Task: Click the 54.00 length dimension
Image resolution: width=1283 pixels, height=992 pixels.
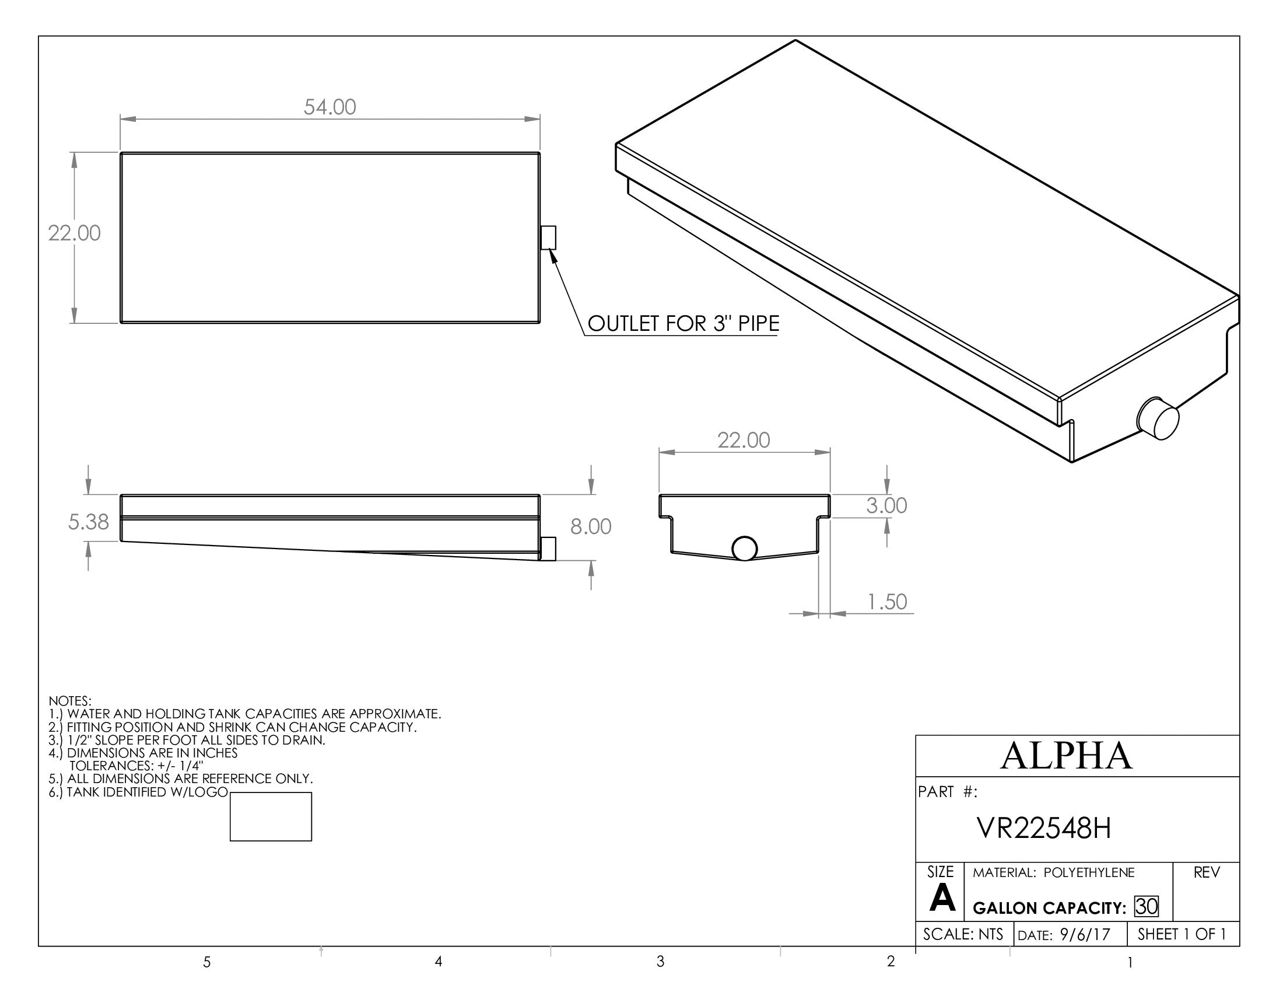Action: click(329, 107)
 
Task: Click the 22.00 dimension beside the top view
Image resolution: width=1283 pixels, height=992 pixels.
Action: click(74, 233)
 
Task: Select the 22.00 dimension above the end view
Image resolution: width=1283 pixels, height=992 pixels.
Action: click(743, 440)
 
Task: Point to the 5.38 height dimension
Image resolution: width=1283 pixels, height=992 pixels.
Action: click(88, 522)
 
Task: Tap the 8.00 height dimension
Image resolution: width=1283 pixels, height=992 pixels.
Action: click(590, 526)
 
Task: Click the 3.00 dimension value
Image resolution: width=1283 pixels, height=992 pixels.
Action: click(886, 505)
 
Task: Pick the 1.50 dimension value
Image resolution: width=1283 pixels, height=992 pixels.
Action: click(887, 602)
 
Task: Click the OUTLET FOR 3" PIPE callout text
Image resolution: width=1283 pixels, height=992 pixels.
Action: click(683, 324)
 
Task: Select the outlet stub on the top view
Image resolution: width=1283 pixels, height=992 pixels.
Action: click(548, 237)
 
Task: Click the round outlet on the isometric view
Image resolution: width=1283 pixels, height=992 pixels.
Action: click(1158, 418)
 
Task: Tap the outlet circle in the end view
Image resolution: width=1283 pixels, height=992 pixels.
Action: click(744, 549)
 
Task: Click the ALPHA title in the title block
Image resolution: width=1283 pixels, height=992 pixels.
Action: click(1065, 756)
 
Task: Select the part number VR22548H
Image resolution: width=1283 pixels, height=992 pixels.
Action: click(1043, 829)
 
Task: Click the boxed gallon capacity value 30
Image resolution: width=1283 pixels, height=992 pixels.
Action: click(1146, 907)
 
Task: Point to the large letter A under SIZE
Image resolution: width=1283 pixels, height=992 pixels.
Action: click(942, 899)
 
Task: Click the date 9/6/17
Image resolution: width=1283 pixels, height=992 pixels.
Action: click(1085, 935)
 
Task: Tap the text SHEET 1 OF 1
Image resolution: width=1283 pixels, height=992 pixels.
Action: click(1182, 934)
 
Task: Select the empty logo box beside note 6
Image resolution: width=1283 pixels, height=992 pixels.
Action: click(270, 817)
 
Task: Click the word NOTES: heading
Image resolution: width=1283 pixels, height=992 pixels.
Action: click(70, 701)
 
